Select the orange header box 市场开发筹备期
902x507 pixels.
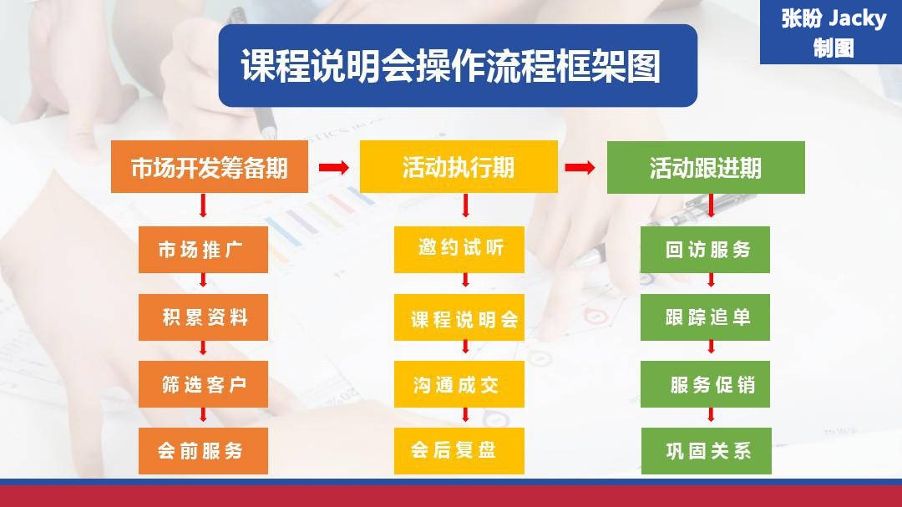[210, 168]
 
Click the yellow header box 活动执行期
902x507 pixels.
[459, 168]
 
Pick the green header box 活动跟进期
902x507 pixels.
[706, 168]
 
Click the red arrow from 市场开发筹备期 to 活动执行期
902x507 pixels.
[334, 168]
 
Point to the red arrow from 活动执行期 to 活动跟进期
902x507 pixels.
[580, 168]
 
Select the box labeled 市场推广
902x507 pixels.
[203, 249]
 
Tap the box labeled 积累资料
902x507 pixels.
[203, 317]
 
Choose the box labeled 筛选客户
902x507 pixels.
[203, 385]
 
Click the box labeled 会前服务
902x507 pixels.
[203, 451]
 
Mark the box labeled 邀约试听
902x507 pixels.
[459, 249]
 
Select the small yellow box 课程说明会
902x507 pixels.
[459, 318]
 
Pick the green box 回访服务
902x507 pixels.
[706, 249]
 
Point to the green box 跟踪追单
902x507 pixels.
[706, 317]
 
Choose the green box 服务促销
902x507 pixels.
[706, 385]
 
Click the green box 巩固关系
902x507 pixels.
[706, 451]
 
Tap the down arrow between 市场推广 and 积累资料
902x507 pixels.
[204, 284]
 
